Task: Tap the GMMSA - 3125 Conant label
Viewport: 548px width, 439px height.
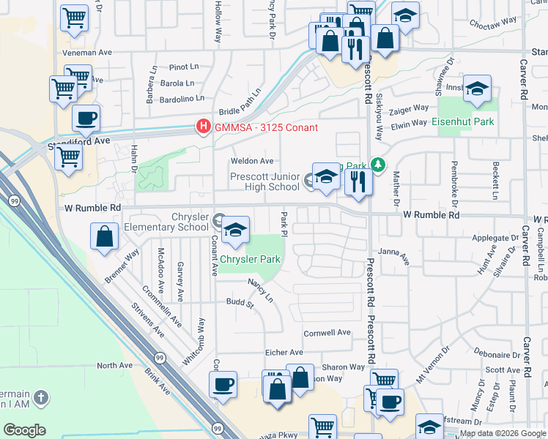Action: (266, 128)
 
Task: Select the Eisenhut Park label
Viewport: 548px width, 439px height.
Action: (462, 121)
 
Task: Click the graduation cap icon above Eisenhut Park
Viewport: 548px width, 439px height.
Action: (477, 90)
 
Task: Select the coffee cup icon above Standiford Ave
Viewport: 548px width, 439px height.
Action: (86, 119)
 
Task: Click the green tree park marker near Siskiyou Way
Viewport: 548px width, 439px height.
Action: (377, 165)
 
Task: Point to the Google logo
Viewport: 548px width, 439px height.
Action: (24, 430)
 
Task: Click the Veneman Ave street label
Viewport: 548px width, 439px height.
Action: (87, 52)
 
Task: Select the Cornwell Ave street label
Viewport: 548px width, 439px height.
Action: (327, 332)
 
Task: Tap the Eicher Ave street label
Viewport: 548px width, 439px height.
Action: (284, 352)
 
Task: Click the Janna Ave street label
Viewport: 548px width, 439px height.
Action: (393, 252)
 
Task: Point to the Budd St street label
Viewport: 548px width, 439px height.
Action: (240, 302)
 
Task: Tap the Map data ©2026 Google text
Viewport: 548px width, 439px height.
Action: (503, 433)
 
